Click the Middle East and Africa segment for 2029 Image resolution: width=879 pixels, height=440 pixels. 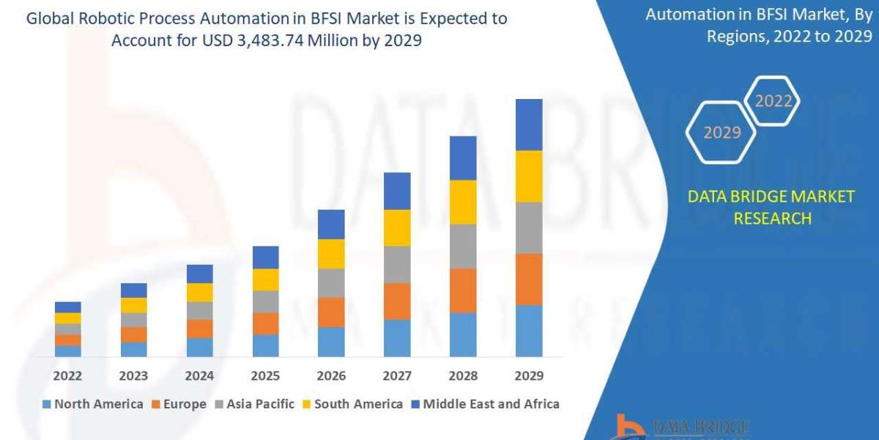(529, 125)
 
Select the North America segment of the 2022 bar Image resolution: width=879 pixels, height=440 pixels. (67, 351)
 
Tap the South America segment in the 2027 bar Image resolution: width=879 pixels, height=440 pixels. (397, 227)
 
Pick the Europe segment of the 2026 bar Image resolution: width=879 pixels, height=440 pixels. (331, 312)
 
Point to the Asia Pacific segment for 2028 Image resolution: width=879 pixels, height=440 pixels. (463, 246)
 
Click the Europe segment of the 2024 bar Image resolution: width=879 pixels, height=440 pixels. (199, 329)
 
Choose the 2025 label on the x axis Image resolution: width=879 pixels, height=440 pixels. (265, 375)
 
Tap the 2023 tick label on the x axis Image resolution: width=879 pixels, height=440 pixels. (133, 375)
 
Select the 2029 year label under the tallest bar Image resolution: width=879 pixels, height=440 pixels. (529, 375)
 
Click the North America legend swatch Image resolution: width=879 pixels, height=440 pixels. (47, 404)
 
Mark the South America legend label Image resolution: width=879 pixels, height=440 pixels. (358, 404)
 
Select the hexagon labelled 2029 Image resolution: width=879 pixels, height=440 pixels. (722, 133)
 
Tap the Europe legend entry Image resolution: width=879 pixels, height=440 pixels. (179, 404)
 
